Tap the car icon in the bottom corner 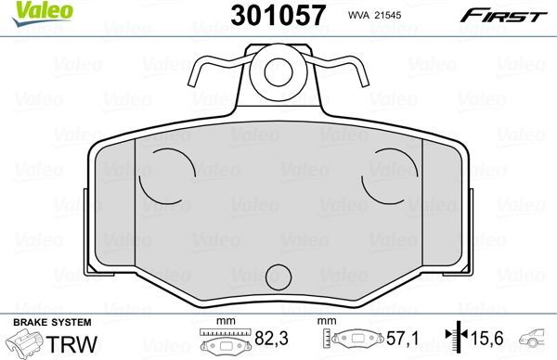pyautogui.click(x=536, y=340)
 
